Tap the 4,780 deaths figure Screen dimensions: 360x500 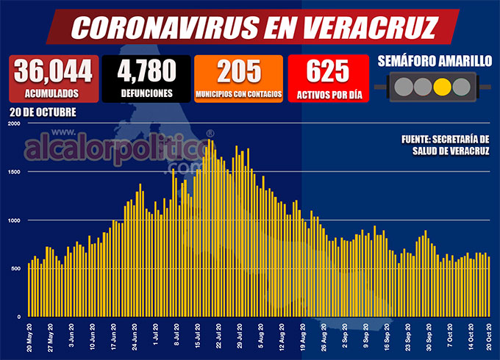tap(146, 71)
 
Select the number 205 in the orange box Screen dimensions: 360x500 tap(239, 71)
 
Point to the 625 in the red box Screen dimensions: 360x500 tap(327, 71)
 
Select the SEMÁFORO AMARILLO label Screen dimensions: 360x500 tap(434, 62)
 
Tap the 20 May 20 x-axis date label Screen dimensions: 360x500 tap(29, 338)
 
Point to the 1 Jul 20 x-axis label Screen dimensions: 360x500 tap(155, 338)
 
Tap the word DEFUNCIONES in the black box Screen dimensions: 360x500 tap(146, 93)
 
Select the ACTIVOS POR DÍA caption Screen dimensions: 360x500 tap(327, 93)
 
